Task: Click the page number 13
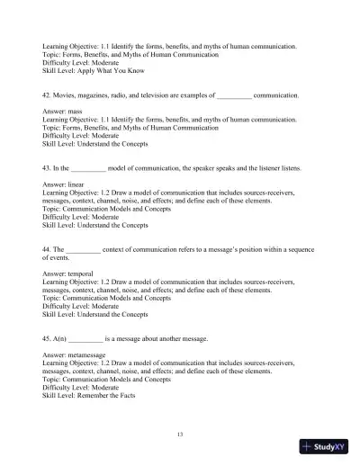pyautogui.click(x=180, y=435)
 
